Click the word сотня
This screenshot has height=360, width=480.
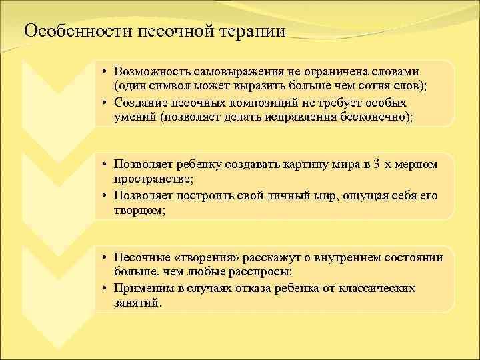pyautogui.click(x=349, y=87)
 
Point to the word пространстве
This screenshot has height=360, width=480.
pyautogui.click(x=151, y=180)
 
